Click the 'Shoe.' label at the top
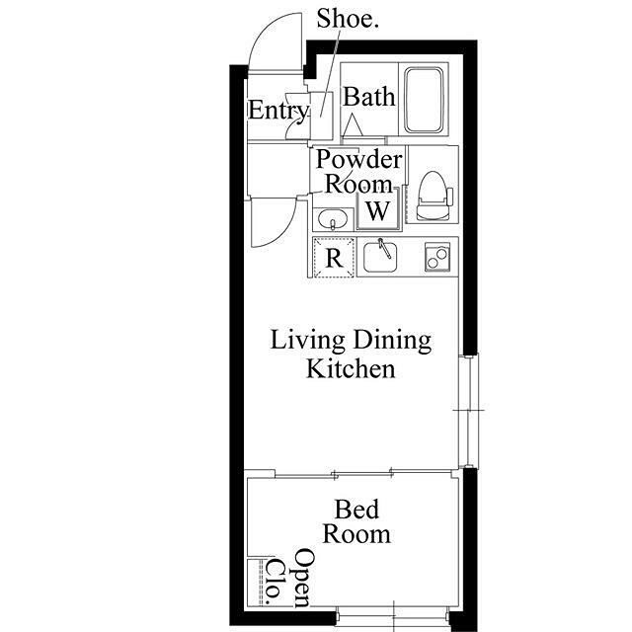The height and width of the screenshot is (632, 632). pyautogui.click(x=348, y=19)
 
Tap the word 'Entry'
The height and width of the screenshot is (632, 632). pyautogui.click(x=278, y=110)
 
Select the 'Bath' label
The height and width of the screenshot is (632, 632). pyautogui.click(x=368, y=97)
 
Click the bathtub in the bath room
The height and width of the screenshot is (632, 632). pyautogui.click(x=424, y=101)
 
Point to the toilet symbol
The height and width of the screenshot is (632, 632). pyautogui.click(x=434, y=196)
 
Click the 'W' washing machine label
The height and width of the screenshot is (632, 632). pyautogui.click(x=377, y=210)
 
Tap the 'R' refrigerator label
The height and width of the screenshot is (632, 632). pyautogui.click(x=334, y=258)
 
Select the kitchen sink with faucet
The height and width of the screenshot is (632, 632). pyautogui.click(x=380, y=256)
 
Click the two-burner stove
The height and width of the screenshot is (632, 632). pyautogui.click(x=437, y=257)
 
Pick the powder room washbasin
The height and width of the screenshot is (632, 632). pyautogui.click(x=333, y=220)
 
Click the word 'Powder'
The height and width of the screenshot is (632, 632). pyautogui.click(x=358, y=159)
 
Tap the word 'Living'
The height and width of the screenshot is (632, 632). pyautogui.click(x=307, y=340)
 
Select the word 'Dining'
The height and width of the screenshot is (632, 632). pyautogui.click(x=392, y=340)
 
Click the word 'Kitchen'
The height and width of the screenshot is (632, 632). pyautogui.click(x=351, y=368)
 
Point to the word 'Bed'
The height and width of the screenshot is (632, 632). pyautogui.click(x=356, y=510)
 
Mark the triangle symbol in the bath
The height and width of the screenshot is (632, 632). pyautogui.click(x=353, y=125)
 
